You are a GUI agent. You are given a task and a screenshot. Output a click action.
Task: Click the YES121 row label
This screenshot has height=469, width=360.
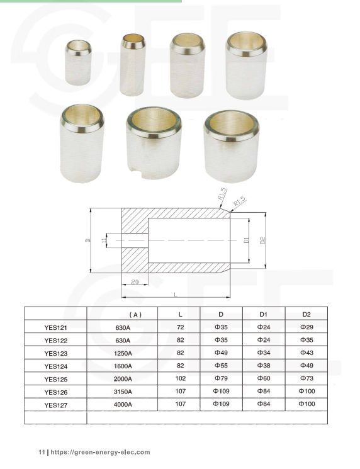click(55, 327)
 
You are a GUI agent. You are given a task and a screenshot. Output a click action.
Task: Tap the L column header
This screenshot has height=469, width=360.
click(180, 314)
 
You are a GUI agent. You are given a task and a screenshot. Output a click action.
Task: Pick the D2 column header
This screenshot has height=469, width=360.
click(307, 314)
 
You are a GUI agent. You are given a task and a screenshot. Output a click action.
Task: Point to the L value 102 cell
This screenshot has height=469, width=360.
click(180, 378)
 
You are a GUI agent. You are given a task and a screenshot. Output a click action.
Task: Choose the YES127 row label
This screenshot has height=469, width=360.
click(55, 405)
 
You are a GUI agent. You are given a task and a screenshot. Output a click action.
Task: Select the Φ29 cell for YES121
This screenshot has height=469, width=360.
click(307, 327)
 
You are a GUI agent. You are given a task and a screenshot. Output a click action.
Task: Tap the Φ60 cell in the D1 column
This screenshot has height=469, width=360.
click(264, 378)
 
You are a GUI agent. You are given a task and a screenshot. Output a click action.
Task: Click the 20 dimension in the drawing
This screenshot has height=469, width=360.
click(135, 281)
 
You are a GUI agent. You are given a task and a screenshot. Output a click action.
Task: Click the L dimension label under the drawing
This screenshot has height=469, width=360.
click(175, 294)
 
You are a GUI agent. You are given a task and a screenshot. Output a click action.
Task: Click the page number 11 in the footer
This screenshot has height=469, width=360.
click(42, 452)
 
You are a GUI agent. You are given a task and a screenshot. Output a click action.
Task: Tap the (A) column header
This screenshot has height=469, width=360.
click(135, 314)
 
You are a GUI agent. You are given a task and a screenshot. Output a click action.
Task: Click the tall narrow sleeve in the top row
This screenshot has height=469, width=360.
click(132, 64)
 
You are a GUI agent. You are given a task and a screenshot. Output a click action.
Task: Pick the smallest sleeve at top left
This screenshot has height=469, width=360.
click(79, 62)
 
